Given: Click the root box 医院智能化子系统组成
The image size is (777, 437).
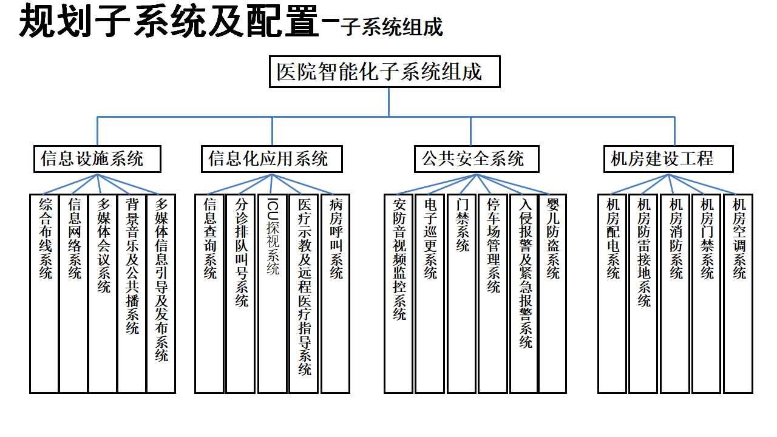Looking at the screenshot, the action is pos(385,72).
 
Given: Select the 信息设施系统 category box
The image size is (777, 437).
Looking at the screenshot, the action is pos(98,159).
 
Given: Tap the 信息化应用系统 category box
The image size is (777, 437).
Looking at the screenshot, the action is pos(272,159).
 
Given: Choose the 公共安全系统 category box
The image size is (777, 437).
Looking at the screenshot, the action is pos(477,159).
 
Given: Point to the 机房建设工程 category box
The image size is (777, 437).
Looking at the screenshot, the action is pos(668,159).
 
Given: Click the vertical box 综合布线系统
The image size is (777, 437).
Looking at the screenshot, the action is pos(44,293).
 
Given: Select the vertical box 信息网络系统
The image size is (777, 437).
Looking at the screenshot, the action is pos(73,293).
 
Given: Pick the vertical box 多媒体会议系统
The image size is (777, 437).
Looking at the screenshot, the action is pos(103,293).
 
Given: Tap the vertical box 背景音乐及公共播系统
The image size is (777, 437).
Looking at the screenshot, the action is pos(132,293).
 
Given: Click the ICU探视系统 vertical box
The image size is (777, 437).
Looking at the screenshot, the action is pos(273,293).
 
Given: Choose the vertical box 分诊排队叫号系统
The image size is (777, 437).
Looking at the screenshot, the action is pos(240,293).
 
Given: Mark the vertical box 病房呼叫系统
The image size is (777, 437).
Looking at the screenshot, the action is pos(336,293).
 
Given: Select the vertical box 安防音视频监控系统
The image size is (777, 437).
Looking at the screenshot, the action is pos(399,293).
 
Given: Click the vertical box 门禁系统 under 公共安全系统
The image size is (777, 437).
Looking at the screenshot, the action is pos(462,293).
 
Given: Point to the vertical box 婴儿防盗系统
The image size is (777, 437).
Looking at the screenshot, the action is pos(552,293).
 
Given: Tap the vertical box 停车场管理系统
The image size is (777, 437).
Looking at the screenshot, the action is pos(493,293).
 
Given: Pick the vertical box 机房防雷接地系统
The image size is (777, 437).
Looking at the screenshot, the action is pos(643,293).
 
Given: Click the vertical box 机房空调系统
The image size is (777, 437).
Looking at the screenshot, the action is pos(739,293).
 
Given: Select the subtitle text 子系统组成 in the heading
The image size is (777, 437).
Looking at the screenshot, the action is pos(392,27).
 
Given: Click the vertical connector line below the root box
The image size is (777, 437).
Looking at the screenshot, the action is pos(389,102).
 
